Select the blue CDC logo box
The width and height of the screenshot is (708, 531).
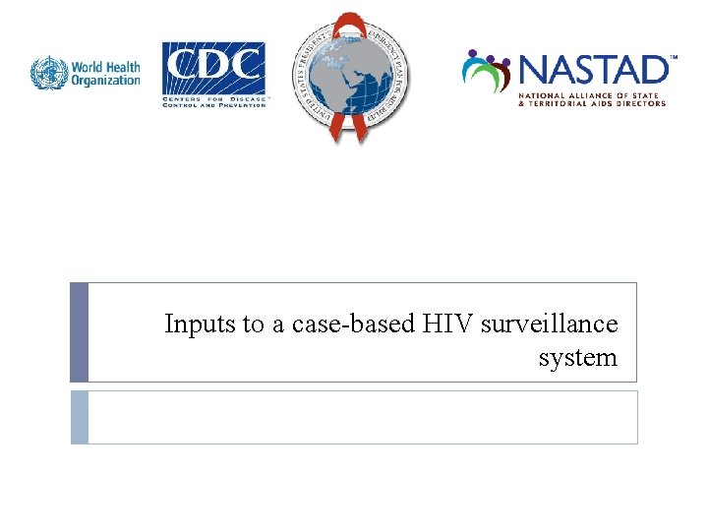(x=213, y=67)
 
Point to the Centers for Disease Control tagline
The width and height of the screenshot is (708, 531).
(x=213, y=101)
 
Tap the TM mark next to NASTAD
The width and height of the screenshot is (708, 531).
(x=674, y=58)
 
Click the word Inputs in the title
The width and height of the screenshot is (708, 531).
(x=194, y=324)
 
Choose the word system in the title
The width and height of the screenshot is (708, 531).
(x=577, y=357)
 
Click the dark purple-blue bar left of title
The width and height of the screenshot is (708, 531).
(x=79, y=332)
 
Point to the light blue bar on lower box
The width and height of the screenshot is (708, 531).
(x=79, y=417)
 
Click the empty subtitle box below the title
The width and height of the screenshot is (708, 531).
(x=362, y=417)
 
